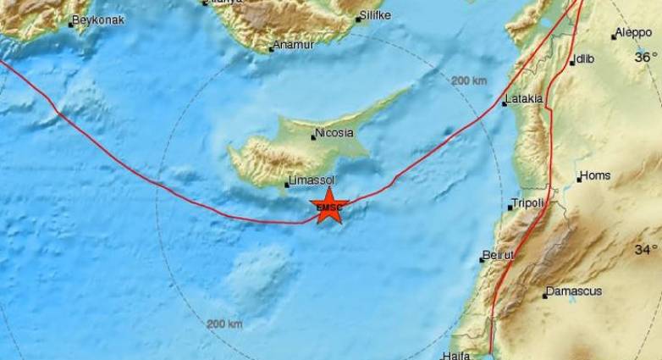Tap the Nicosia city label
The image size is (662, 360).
(x=334, y=133)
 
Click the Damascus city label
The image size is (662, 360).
(x=575, y=291)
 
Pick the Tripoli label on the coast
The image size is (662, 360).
(x=530, y=204)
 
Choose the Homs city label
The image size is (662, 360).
(x=594, y=176)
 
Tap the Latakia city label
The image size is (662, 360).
(x=523, y=99)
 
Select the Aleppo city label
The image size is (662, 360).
(x=634, y=33)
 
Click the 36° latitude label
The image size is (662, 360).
(x=647, y=58)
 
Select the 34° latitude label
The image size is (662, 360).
(x=647, y=250)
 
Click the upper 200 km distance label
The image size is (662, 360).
(x=470, y=80)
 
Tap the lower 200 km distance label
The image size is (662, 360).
(x=224, y=324)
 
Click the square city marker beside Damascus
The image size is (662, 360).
(x=545, y=296)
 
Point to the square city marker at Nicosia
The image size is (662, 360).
(x=313, y=137)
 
